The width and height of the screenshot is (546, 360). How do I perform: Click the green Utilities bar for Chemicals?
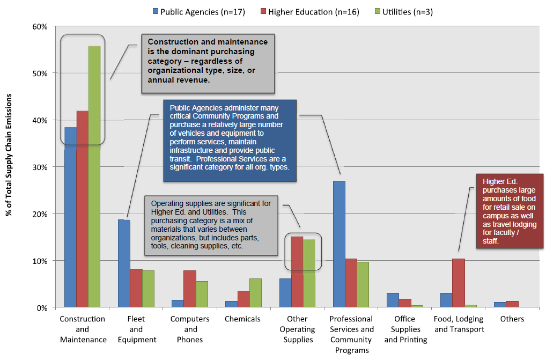click(255, 293)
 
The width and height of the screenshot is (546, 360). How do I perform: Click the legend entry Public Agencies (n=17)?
click(198, 12)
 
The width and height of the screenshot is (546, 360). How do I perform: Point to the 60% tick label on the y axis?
click(41, 26)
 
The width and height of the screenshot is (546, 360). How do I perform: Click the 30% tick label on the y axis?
click(41, 167)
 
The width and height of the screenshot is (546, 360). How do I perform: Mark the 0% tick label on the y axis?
click(43, 308)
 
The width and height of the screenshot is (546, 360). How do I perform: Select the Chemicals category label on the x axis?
click(243, 319)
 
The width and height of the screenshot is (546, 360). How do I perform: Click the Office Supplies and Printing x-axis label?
click(405, 329)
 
